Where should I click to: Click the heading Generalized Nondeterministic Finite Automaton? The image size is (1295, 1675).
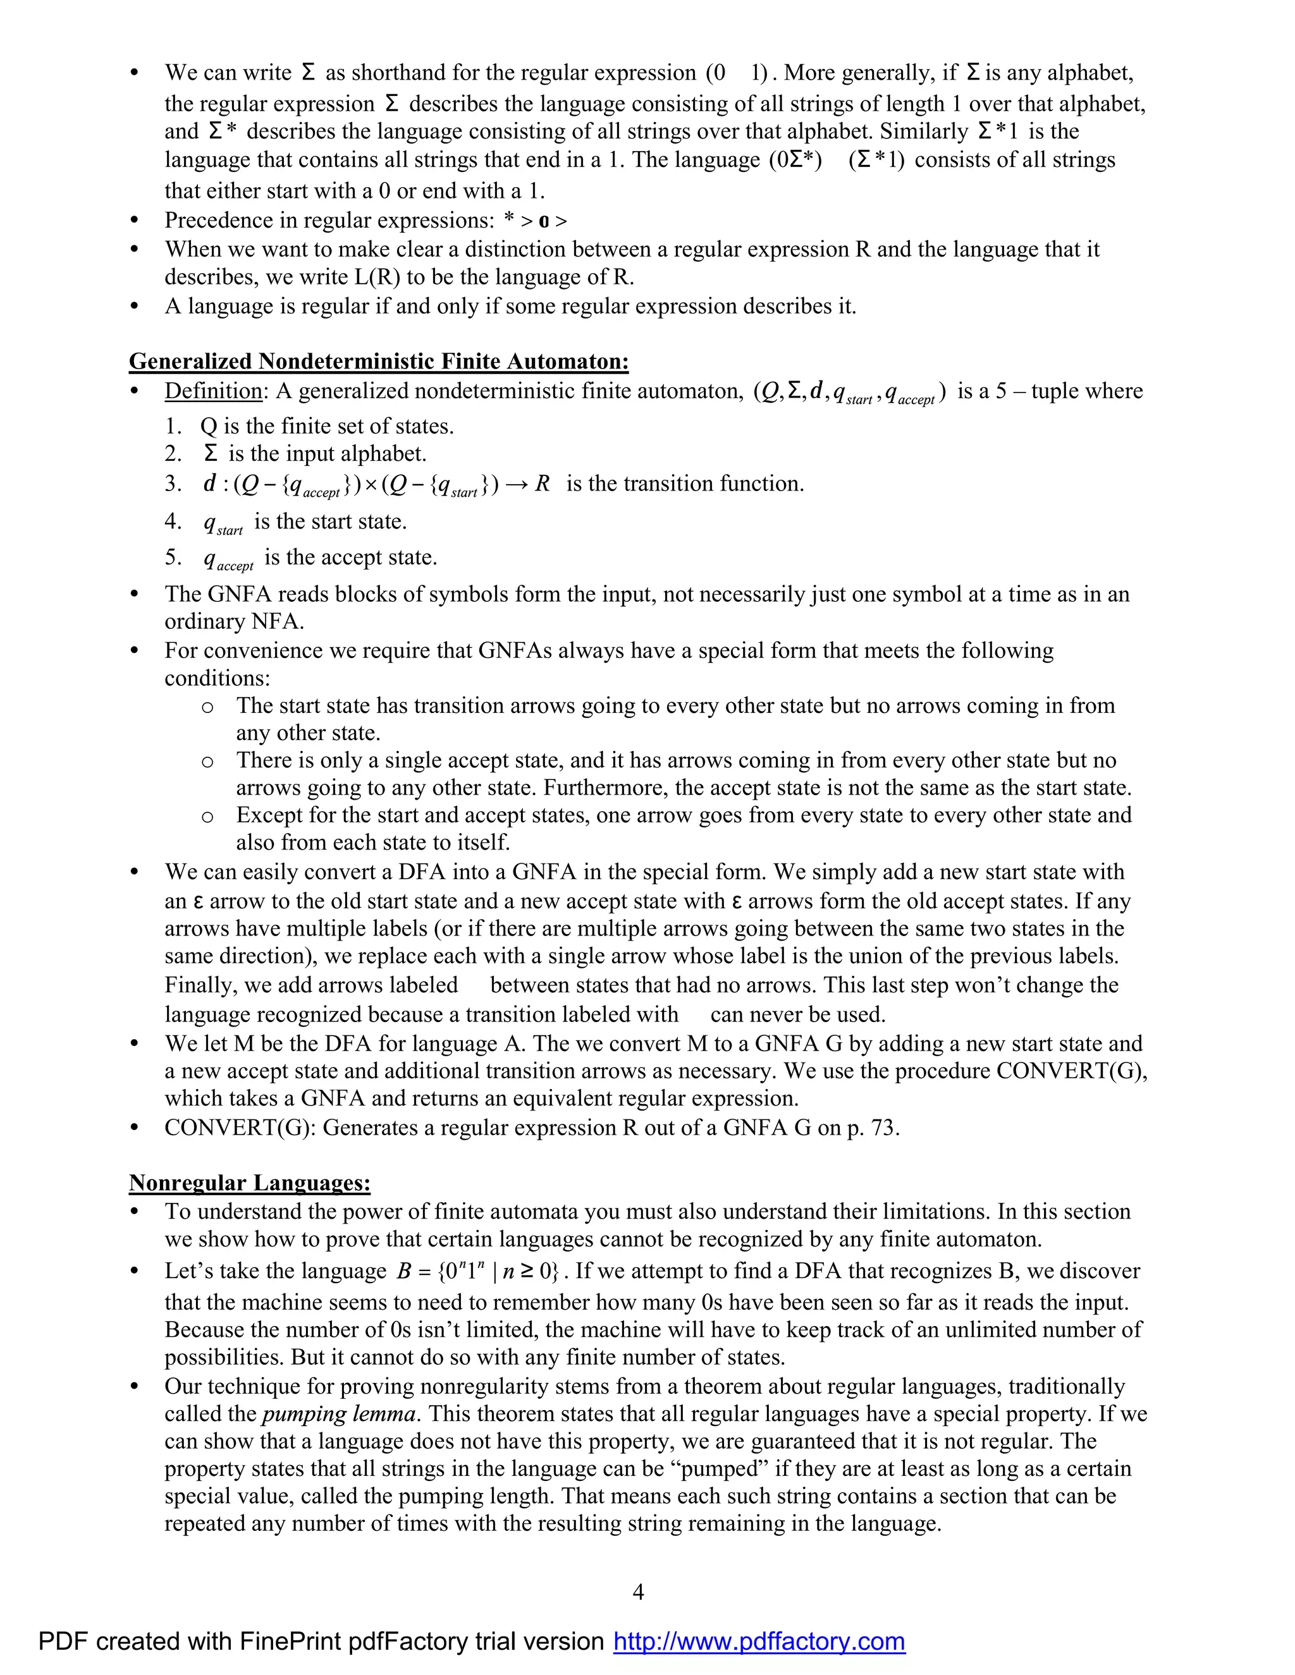pos(378,361)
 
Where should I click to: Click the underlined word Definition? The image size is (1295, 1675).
pos(213,391)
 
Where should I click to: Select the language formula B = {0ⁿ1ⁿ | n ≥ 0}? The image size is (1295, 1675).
pos(479,1272)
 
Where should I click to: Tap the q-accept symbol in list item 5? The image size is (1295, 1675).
pos(228,559)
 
